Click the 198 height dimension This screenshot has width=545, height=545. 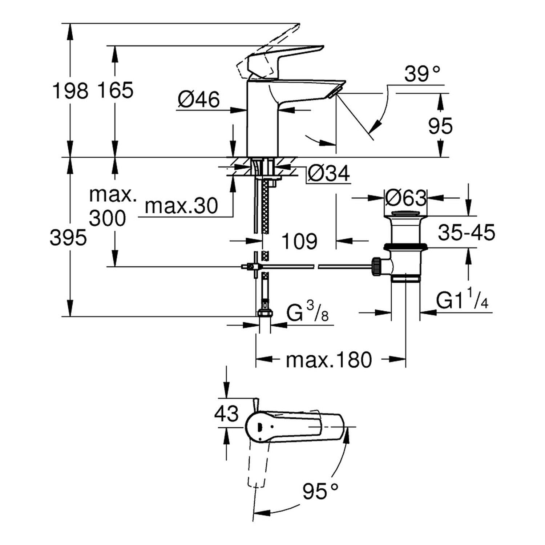[x=70, y=90]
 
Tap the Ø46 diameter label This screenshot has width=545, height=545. [x=199, y=99]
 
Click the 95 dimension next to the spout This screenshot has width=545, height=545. [x=440, y=126]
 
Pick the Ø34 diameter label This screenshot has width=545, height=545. [x=328, y=174]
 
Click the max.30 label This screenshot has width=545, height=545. [x=181, y=206]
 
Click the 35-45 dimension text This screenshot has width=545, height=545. [x=466, y=233]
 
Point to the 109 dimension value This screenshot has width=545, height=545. [x=299, y=241]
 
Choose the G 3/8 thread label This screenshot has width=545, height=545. [x=307, y=313]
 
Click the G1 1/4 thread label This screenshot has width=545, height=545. [x=462, y=301]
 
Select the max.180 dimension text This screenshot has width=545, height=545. [x=329, y=360]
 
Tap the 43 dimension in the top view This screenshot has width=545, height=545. [x=226, y=413]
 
